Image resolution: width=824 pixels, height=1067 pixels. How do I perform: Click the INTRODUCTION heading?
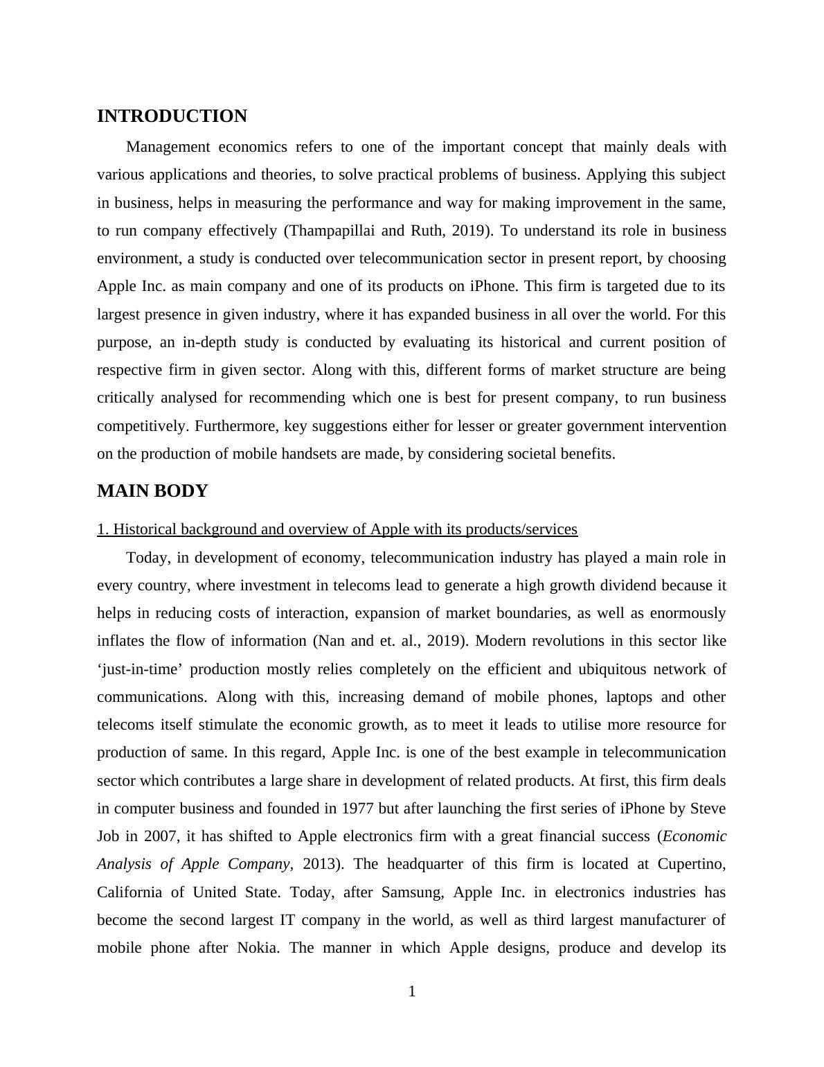[172, 116]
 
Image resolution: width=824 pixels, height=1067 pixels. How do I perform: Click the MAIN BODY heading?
[152, 491]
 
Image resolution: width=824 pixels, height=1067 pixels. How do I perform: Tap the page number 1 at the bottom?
[412, 991]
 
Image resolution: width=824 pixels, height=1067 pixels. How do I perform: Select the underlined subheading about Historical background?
[337, 529]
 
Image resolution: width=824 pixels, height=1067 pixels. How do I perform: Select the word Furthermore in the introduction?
[235, 426]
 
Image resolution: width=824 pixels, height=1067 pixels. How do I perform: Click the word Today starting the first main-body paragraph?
[147, 558]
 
